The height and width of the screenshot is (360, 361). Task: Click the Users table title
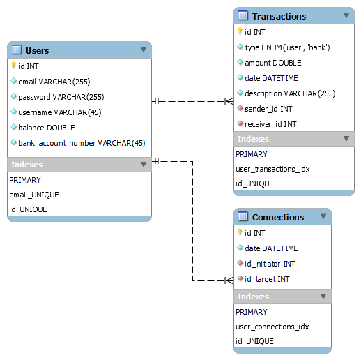point(37,50)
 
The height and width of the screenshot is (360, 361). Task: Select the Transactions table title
point(279,16)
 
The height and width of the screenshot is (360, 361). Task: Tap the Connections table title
point(277,217)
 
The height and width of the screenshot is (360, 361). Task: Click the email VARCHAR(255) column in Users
point(54,82)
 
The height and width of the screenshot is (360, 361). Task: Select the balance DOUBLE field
point(46,128)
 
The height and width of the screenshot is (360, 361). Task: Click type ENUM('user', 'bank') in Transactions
point(287,47)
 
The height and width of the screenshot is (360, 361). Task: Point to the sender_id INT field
point(268,109)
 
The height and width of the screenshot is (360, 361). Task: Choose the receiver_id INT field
point(270,124)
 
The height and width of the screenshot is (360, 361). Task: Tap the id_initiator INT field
point(270,264)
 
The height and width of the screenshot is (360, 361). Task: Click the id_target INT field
point(266,279)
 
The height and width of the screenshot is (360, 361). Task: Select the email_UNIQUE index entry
point(34,195)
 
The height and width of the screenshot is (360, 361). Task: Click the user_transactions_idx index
point(272,169)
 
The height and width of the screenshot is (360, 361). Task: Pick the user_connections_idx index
point(272,326)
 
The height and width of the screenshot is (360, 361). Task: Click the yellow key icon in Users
point(13,66)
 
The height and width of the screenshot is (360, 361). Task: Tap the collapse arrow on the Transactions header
point(346,15)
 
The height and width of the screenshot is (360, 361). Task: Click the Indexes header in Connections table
point(253,297)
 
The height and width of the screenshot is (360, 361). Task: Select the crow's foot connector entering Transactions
point(229,101)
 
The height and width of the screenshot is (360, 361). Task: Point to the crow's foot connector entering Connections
point(229,280)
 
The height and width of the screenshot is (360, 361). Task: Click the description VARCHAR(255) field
point(289,93)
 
